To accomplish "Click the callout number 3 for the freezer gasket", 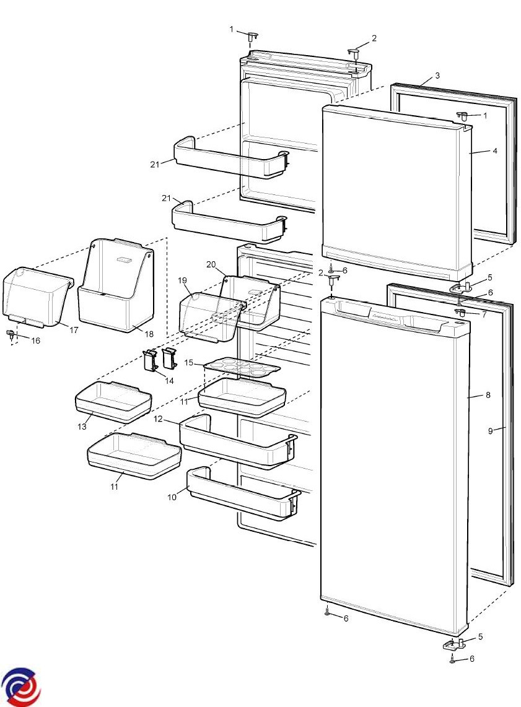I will tap(437, 76).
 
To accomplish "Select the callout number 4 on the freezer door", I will tap(494, 150).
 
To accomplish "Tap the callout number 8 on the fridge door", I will tap(488, 395).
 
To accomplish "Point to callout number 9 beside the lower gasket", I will tap(490, 431).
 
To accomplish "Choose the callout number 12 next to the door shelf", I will tap(159, 419).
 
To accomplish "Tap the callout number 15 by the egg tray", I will tap(189, 362).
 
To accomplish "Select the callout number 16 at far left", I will tap(35, 340).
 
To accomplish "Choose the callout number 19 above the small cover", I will tap(183, 280).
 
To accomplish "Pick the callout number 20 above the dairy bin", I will tap(211, 264).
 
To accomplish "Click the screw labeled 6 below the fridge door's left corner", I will tap(327, 612).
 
